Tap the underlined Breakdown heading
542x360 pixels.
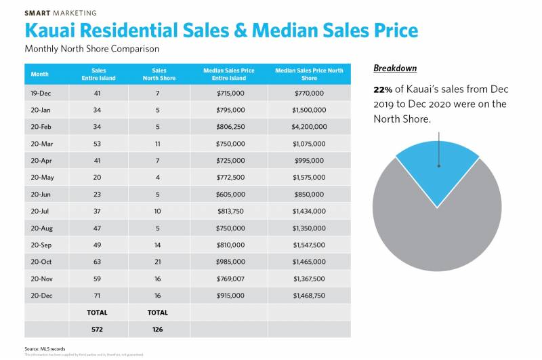[395, 68]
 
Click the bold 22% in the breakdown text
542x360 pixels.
[383, 89]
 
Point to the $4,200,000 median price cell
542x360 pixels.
[310, 127]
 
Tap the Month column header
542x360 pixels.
[39, 75]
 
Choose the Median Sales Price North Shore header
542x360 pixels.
[309, 75]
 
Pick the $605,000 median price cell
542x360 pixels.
[228, 194]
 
